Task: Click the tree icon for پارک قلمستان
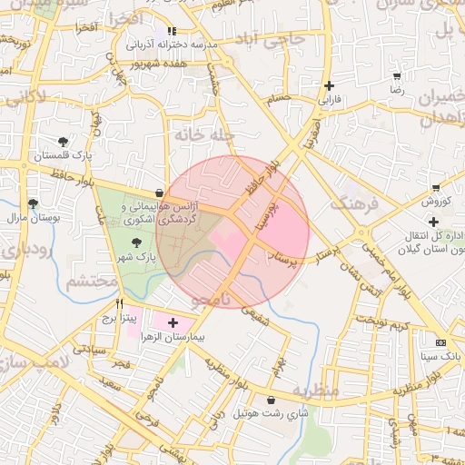[63, 142]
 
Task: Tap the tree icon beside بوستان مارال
[34, 203]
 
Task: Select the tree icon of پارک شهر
[136, 242]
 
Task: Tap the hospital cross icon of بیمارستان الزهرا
[173, 322]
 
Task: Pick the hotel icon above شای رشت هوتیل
[271, 400]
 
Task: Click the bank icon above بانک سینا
[441, 343]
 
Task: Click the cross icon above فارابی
[329, 86]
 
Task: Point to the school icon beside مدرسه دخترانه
[172, 30]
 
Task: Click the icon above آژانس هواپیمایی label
[160, 193]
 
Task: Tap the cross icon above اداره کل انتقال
[434, 222]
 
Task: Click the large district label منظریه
[314, 390]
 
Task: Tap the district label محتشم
[91, 282]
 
